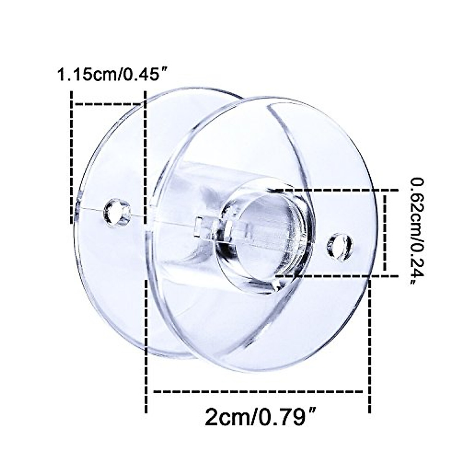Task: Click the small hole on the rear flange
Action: (x=117, y=213)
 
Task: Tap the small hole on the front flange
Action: (x=340, y=246)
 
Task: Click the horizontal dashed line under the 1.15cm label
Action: (x=107, y=103)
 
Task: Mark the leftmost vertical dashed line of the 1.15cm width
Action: (x=71, y=157)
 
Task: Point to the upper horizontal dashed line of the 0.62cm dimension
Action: (x=333, y=190)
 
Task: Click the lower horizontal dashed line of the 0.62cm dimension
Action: (x=333, y=275)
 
